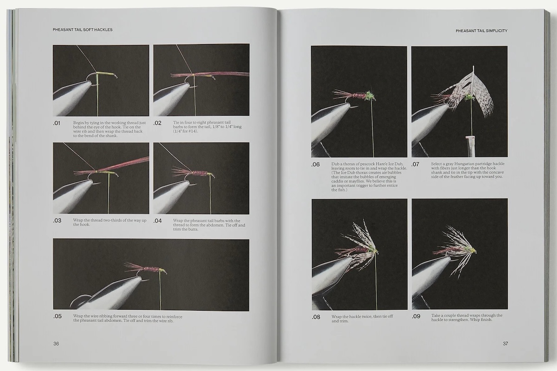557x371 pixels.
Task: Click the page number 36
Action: pyautogui.click(x=56, y=344)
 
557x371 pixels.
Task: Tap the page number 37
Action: pyautogui.click(x=505, y=344)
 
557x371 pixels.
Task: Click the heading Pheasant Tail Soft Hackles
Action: pyautogui.click(x=83, y=30)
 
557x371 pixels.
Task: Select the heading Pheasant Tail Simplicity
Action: pyautogui.click(x=481, y=31)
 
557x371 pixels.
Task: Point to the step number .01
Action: pyautogui.click(x=57, y=123)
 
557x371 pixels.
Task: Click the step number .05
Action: pyautogui.click(x=58, y=316)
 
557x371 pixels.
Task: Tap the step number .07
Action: pyautogui.click(x=415, y=164)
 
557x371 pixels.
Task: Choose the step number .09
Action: pyautogui.click(x=416, y=316)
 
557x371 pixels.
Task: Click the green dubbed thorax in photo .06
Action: pyautogui.click(x=369, y=96)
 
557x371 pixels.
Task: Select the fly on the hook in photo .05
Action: pyautogui.click(x=145, y=269)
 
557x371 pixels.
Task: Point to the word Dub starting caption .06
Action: pyautogui.click(x=335, y=164)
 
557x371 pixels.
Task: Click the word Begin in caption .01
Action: pyautogui.click(x=78, y=123)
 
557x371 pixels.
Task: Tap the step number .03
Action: pyautogui.click(x=57, y=221)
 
